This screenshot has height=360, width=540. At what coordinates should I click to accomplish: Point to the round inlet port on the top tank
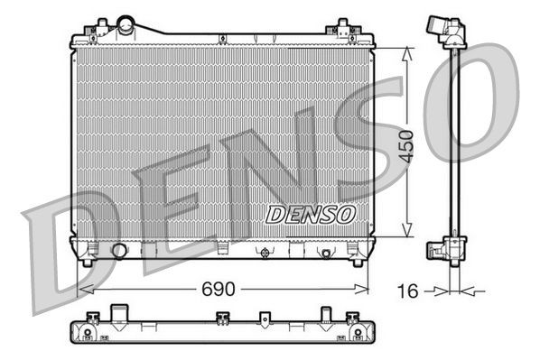(x=125, y=24)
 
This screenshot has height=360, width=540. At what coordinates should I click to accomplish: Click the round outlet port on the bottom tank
(x=117, y=250)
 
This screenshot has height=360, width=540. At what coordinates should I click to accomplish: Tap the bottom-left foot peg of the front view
(x=86, y=261)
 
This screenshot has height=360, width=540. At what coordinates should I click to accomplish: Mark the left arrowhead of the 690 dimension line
(x=82, y=290)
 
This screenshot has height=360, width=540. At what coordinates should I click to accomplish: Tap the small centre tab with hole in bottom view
(x=265, y=319)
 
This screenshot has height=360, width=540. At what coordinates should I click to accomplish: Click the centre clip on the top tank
(x=256, y=38)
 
